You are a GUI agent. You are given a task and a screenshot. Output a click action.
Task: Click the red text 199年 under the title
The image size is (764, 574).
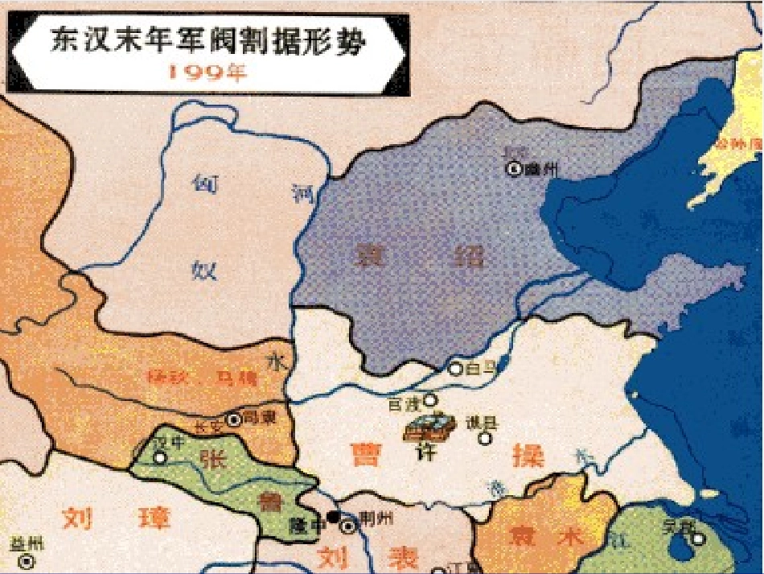(x=207, y=71)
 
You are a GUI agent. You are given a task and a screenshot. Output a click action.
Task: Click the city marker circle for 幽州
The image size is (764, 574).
(x=511, y=169)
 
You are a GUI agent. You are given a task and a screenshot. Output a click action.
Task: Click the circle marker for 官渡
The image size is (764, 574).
(x=431, y=400)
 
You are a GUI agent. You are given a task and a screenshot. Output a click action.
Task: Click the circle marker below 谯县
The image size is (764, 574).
(x=484, y=439)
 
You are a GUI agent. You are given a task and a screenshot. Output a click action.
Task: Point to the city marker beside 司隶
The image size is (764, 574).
(x=233, y=419)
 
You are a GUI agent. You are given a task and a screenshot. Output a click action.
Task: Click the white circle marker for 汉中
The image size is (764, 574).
(x=160, y=457)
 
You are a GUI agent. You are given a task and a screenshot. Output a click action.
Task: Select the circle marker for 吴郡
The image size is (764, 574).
(x=697, y=539)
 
